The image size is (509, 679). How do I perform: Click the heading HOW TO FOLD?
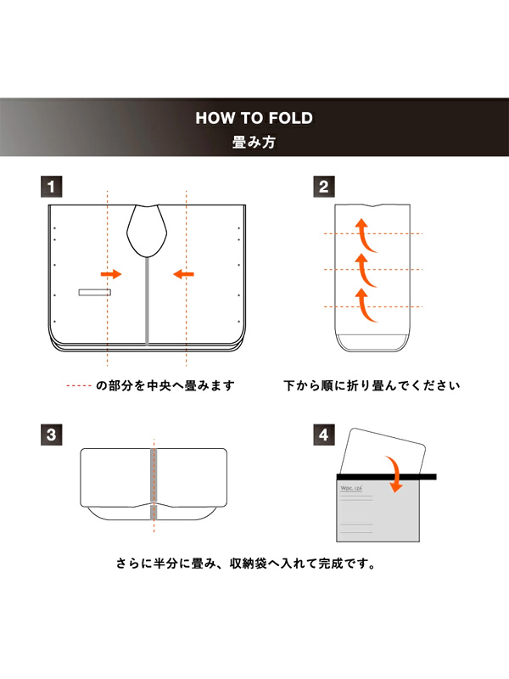coord(254,118)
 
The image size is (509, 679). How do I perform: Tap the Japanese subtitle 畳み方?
coord(254,143)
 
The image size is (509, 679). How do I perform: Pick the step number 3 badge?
coord(53,435)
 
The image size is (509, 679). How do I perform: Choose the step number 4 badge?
coord(323,435)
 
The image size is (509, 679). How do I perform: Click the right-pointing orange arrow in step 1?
coord(111,274)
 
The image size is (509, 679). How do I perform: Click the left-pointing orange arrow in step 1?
coord(183,274)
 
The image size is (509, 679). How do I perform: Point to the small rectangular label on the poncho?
coord(95,292)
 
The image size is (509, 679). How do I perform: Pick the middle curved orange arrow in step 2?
coord(364,268)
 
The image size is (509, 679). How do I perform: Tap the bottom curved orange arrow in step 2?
coord(365,306)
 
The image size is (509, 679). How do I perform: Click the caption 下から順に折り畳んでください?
coord(372,386)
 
